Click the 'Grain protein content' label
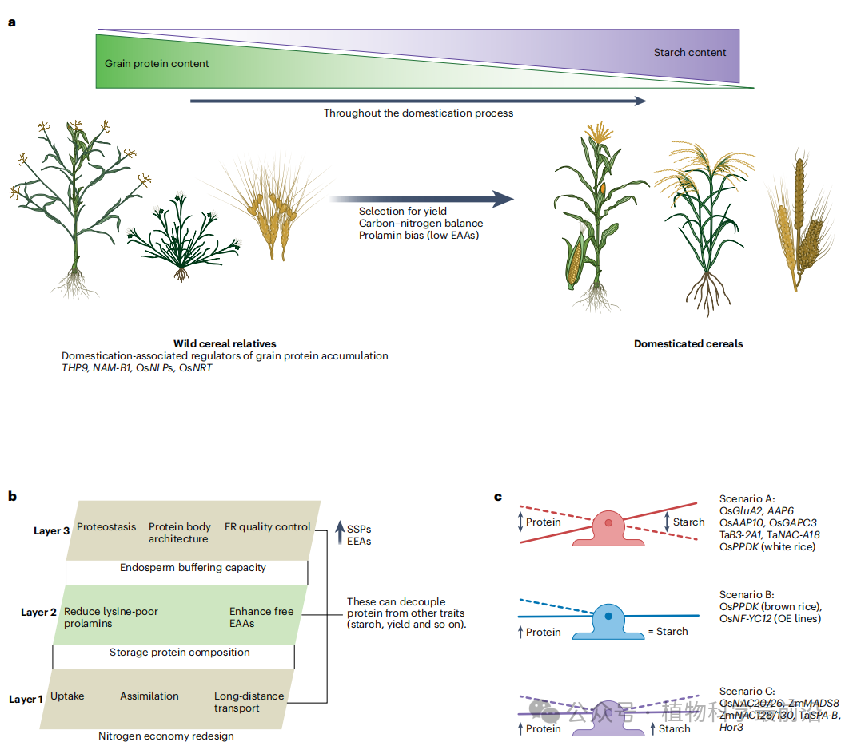pyautogui.click(x=157, y=63)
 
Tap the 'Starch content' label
pyautogui.click(x=689, y=53)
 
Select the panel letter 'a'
pyautogui.click(x=12, y=22)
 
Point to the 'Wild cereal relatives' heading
pyautogui.click(x=225, y=343)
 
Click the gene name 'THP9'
pyautogui.click(x=76, y=367)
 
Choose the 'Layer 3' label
pyautogui.click(x=52, y=531)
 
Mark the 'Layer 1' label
pyautogui.click(x=26, y=700)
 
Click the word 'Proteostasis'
pyautogui.click(x=106, y=527)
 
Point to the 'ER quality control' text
pyautogui.click(x=267, y=527)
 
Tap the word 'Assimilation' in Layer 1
pyautogui.click(x=149, y=696)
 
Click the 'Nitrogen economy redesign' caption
pyautogui.click(x=166, y=736)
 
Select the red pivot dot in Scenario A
pyautogui.click(x=609, y=522)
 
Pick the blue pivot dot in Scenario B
pyautogui.click(x=608, y=617)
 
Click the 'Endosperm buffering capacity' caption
pyautogui.click(x=193, y=568)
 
